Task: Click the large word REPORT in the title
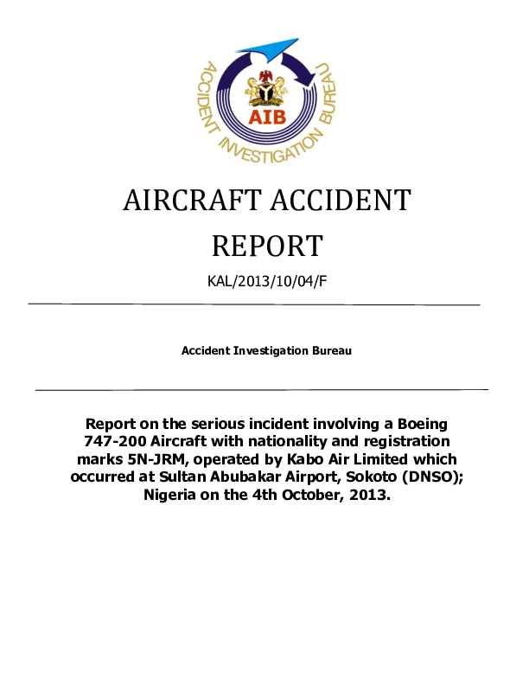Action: click(266, 246)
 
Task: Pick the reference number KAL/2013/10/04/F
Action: click(266, 281)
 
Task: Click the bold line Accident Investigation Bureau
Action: click(266, 351)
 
